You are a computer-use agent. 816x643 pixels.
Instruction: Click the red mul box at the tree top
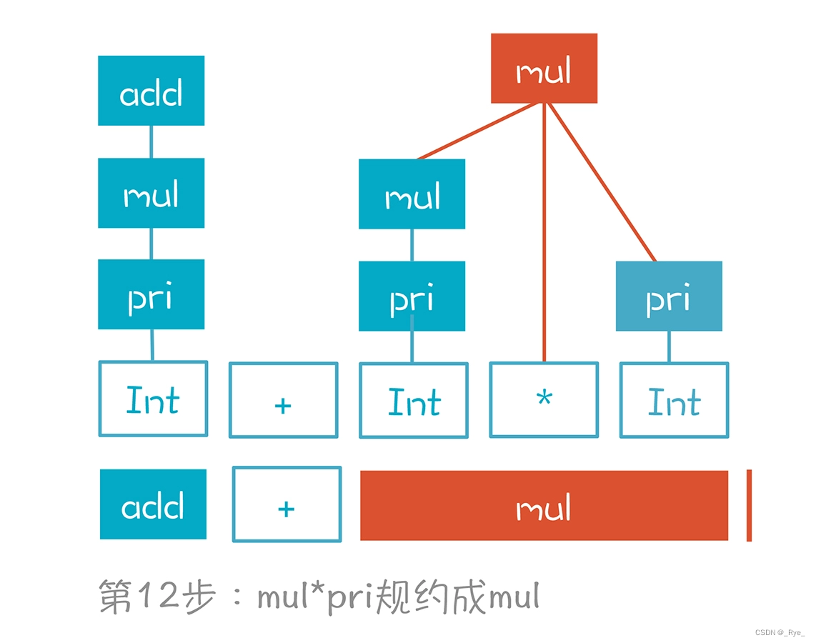[x=544, y=69]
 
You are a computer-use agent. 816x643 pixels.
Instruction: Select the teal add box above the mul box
[x=151, y=91]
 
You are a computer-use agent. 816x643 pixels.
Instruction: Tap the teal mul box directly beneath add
[x=151, y=193]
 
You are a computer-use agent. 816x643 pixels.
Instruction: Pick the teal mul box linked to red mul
[x=412, y=194]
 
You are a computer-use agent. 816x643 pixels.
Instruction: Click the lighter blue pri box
[x=669, y=296]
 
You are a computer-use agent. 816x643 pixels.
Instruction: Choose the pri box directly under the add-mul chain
[x=151, y=294]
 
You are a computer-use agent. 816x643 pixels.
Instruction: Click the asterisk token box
[x=544, y=399]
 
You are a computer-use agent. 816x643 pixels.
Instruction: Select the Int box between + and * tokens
[x=414, y=400]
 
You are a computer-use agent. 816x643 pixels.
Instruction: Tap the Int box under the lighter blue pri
[x=674, y=400]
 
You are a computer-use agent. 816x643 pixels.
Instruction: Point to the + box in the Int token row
[x=283, y=400]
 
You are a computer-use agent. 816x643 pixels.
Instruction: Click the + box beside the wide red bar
[x=287, y=504]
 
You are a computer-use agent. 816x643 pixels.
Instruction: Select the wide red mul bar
[x=544, y=506]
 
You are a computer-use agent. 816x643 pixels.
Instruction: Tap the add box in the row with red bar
[x=153, y=504]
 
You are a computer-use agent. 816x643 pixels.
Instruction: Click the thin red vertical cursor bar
[x=749, y=505]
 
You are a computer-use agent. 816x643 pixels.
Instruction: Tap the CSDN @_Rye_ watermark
[x=780, y=632]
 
